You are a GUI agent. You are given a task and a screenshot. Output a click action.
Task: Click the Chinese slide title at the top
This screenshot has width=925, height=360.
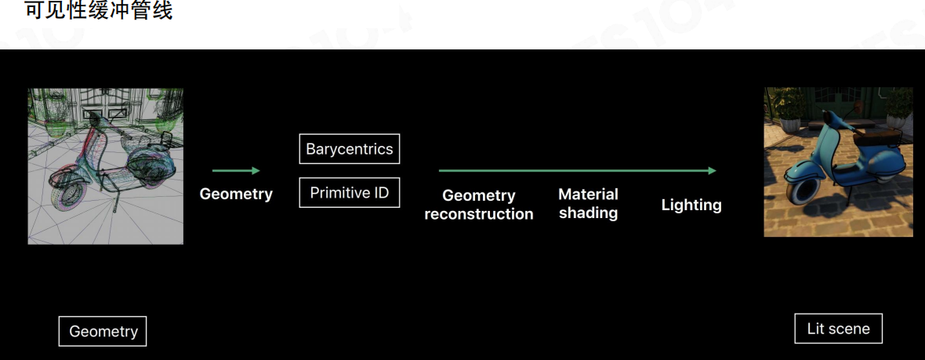pyautogui.click(x=99, y=11)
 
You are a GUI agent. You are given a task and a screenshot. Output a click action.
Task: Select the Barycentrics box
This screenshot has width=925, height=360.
pyautogui.click(x=350, y=149)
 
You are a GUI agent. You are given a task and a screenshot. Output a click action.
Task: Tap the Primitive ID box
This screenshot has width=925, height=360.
pyautogui.click(x=350, y=193)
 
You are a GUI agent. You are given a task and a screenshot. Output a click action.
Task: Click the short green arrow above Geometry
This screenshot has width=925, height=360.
pyautogui.click(x=235, y=170)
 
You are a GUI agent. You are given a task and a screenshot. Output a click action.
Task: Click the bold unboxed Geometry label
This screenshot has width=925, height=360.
pyautogui.click(x=236, y=194)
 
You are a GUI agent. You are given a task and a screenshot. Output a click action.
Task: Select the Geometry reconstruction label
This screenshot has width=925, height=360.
pyautogui.click(x=479, y=205)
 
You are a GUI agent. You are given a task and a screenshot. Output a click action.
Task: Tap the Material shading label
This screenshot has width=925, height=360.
pyautogui.click(x=588, y=203)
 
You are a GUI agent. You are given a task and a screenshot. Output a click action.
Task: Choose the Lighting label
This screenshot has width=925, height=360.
pyautogui.click(x=691, y=205)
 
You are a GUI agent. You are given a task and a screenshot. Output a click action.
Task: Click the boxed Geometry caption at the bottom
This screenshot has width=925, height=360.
pyautogui.click(x=103, y=331)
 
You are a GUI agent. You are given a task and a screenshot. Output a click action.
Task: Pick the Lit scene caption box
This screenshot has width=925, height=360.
pyautogui.click(x=838, y=329)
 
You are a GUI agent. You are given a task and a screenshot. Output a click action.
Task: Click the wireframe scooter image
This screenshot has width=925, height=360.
pyautogui.click(x=106, y=165)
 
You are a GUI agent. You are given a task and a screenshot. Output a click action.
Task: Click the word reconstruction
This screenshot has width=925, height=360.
pyautogui.click(x=479, y=214)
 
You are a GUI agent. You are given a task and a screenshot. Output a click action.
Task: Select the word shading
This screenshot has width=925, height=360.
pyautogui.click(x=588, y=213)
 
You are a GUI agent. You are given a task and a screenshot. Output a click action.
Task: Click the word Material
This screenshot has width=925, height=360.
pyautogui.click(x=588, y=194)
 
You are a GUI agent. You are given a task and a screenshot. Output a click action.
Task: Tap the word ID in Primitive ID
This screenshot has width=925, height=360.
pyautogui.click(x=380, y=193)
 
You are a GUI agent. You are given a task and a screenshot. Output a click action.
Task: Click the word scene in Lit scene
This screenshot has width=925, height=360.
pyautogui.click(x=850, y=329)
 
